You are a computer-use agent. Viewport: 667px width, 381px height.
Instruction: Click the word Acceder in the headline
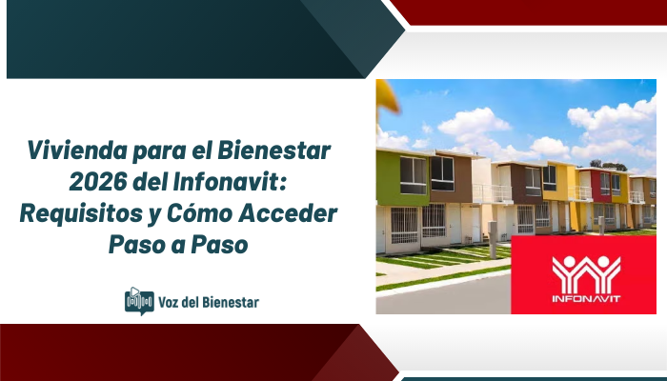coord(290,213)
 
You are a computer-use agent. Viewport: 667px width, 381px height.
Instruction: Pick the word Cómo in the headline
coord(205,213)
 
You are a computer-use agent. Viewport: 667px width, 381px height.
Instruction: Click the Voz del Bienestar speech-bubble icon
coord(139,301)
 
